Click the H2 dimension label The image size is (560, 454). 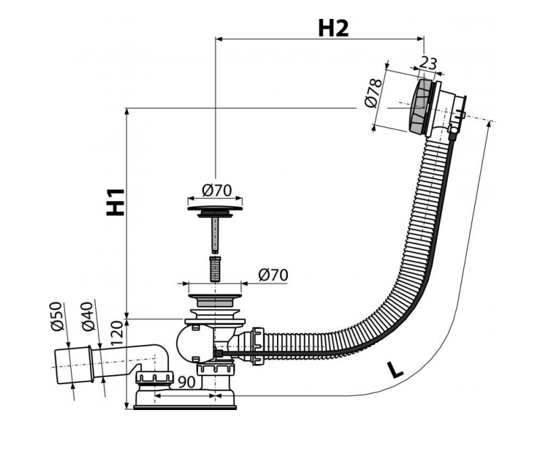coord(333,28)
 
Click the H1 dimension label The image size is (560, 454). coord(116,202)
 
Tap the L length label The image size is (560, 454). coord(395,369)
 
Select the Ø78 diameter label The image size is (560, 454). coord(373,93)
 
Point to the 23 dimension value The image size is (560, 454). coord(428,64)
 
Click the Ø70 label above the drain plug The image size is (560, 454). coord(217,190)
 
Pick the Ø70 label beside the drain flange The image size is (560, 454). coord(273,275)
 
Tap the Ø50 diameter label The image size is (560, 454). coord(57,317)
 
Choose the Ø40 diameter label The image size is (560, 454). coord(87,316)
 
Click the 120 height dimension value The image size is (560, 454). coord(117,334)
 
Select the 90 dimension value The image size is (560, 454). coord(186,382)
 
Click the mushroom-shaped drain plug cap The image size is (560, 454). coord(215,210)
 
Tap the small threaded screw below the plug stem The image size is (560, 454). coord(215,269)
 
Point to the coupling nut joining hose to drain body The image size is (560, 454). coord(257,346)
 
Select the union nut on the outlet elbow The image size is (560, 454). coord(153,378)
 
